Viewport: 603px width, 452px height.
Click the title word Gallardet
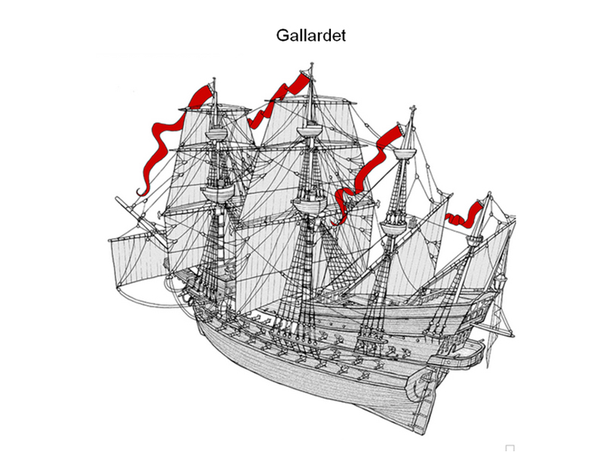(x=311, y=35)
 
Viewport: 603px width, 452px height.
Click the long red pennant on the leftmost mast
(x=162, y=143)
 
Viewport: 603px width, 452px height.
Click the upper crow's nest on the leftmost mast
(x=216, y=134)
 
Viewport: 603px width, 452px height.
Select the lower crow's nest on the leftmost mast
(x=217, y=192)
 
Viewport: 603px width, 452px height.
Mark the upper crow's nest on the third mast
(x=409, y=155)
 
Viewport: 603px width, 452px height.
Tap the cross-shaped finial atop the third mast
(x=412, y=113)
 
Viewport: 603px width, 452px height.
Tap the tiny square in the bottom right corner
(x=510, y=447)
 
